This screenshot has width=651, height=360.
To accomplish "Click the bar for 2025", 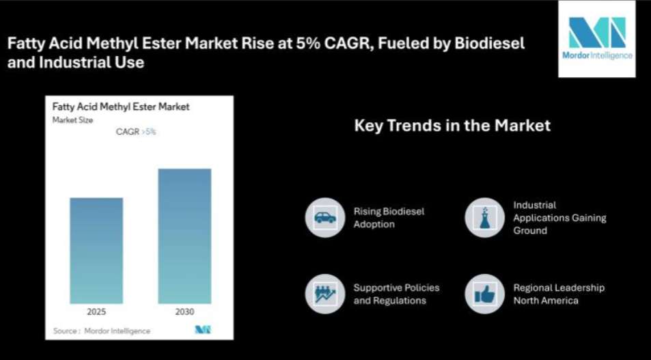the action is coord(96,251).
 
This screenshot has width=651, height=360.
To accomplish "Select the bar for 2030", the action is coord(184,236).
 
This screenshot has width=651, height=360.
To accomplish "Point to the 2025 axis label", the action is coord(96,311).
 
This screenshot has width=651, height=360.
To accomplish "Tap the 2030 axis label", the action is coord(184,311).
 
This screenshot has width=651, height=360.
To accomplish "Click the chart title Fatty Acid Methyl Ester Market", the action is coord(121,107).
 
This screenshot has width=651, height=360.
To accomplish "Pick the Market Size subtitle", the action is coord(72,120).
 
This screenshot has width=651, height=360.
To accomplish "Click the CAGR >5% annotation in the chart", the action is coord(136,132).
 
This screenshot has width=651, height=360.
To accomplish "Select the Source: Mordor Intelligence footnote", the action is coord(102,331).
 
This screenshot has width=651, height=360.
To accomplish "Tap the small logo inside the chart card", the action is coord(203,330).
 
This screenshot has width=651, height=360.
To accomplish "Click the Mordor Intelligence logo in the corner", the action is coord(596,39).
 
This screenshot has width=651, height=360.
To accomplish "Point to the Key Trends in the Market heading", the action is coord(452,126).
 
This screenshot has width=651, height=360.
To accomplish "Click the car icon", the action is coord(325,218).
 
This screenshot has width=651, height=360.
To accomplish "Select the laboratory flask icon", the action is coord(484,218).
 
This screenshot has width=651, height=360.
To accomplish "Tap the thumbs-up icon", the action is coord(484,294).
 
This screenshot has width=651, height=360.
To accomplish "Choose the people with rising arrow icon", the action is coord(325,294).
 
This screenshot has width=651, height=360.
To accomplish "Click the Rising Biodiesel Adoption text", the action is coord(389,218).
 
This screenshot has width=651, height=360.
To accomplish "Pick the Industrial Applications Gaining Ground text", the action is coord(559,218).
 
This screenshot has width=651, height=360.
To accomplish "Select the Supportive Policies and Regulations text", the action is coord(396,294).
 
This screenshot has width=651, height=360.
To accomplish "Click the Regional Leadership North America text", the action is coord(559,294).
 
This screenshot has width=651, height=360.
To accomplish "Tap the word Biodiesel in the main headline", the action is coord(489,43).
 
